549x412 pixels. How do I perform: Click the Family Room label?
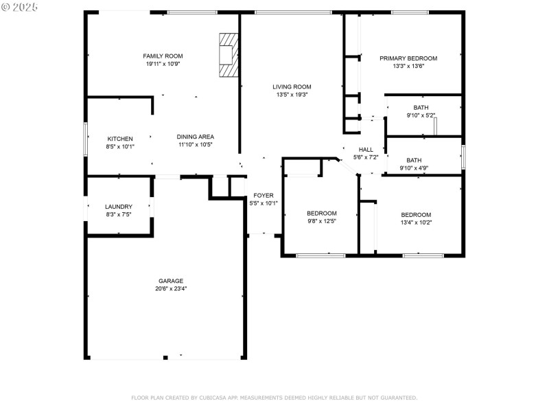163,56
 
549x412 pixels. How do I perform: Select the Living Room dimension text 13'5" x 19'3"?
292,95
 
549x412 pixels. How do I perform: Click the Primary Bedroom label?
408,58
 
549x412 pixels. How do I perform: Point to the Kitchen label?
119,139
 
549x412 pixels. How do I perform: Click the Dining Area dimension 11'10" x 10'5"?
196,145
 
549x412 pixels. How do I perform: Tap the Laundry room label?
119,207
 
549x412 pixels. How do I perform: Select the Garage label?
171,281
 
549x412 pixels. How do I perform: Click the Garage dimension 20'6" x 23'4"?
171,289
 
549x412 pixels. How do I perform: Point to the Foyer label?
264,196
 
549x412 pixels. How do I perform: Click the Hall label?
366,150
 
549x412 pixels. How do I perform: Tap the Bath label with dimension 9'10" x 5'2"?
421,108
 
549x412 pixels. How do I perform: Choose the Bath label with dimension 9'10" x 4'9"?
414,160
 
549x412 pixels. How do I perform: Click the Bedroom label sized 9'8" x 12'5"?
321,214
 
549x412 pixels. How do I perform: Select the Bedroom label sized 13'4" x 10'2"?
416,214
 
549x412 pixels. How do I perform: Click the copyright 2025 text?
21,7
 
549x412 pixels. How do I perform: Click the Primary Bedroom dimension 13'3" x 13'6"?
408,67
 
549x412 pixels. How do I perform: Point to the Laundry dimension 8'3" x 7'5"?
119,215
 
